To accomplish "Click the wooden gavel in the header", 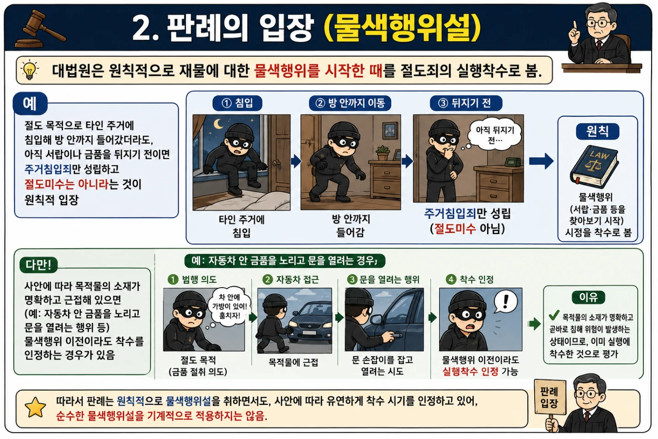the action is click(x=41, y=29).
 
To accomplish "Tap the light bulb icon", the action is click(x=30, y=70).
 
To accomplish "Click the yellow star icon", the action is click(x=36, y=407).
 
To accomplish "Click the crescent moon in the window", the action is click(x=218, y=124).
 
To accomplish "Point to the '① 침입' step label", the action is click(x=237, y=103).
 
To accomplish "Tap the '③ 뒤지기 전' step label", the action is click(x=466, y=103).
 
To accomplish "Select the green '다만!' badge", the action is click(x=38, y=265).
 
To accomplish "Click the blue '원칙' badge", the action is click(x=598, y=131).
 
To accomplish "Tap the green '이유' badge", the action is click(x=589, y=297).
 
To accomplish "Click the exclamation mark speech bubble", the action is click(x=505, y=301).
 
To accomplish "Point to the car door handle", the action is click(x=393, y=335).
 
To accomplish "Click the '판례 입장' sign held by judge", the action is click(x=550, y=397).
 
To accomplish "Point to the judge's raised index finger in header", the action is click(x=575, y=25).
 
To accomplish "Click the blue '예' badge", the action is click(x=30, y=103).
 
